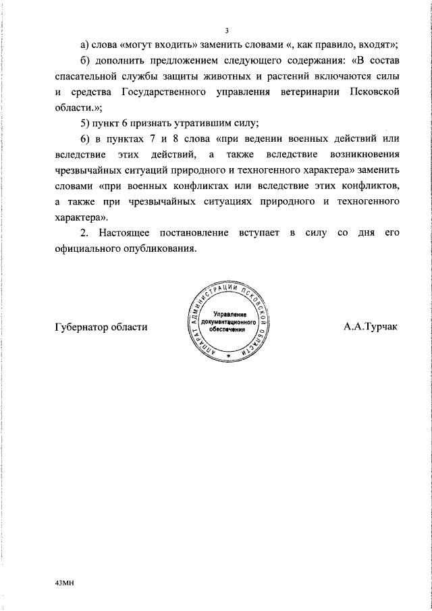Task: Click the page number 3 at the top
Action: click(x=227, y=30)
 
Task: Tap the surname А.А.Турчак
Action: click(x=371, y=327)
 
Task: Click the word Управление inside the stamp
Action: click(x=230, y=315)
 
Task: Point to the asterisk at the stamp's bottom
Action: click(x=229, y=356)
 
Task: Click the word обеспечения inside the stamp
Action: click(x=230, y=330)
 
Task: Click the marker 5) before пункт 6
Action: click(x=86, y=123)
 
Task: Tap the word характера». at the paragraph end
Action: click(x=80, y=218)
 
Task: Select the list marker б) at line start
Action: click(x=86, y=59)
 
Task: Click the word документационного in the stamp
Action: click(x=230, y=323)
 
